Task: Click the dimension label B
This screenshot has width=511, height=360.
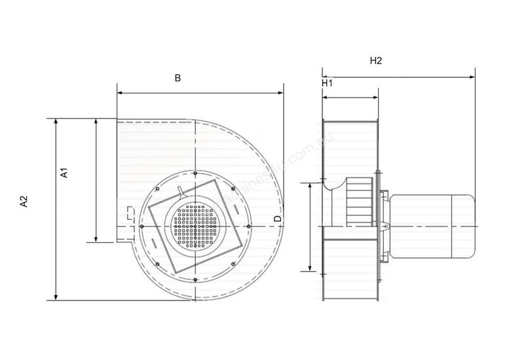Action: point(177,78)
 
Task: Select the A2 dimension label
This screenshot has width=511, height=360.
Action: point(24,202)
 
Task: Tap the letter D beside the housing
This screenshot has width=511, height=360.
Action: point(277,218)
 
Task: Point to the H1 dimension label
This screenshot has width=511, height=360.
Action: point(327,83)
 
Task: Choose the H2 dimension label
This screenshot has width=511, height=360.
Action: point(375,61)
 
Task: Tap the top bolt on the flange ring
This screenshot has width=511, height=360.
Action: point(195,172)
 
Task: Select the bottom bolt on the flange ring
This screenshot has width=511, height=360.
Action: point(195,281)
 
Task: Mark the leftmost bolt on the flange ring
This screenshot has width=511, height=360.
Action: point(142,226)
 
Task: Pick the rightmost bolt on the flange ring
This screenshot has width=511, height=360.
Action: point(250,226)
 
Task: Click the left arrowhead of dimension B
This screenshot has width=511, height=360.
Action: point(120,93)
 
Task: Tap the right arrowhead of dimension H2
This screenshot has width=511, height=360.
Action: point(472,77)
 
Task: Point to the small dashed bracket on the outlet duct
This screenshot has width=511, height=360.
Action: point(128,212)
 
